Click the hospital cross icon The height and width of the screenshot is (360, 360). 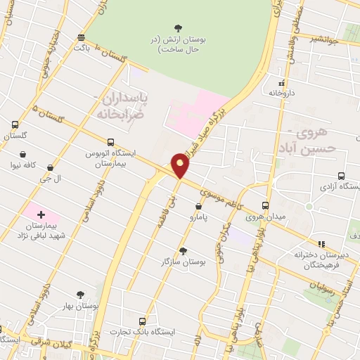coord(40,214)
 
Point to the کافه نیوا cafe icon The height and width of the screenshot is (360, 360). coord(23,155)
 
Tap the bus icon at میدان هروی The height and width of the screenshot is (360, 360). coord(265,205)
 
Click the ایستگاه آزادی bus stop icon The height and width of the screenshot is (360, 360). coord(341,176)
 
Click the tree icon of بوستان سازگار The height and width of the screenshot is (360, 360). coord(183,251)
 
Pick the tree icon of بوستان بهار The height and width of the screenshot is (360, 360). coord(79,295)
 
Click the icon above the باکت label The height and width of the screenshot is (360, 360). coord(82,37)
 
